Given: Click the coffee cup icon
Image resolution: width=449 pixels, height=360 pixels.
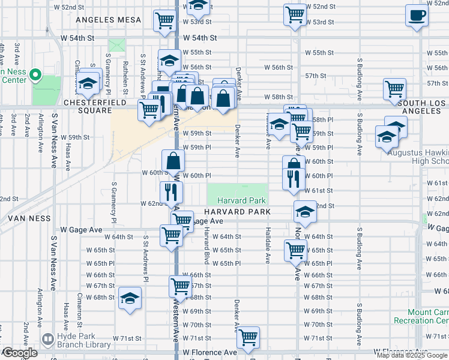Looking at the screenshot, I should click(416, 16).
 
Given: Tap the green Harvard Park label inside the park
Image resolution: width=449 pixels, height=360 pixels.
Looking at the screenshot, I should click(237, 200).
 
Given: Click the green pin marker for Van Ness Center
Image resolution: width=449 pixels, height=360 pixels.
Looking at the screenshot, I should click(35, 76).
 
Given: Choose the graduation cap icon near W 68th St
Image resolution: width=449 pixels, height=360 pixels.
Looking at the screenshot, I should click(130, 298).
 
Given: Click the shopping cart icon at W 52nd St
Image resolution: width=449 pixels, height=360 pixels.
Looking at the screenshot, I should click(295, 14).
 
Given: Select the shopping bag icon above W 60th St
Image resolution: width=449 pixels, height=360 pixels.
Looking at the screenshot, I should click(173, 160).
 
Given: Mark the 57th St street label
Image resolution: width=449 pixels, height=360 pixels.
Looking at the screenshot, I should click(315, 76).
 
